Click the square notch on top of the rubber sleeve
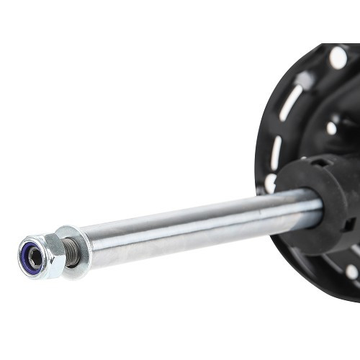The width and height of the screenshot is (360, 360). (317, 163)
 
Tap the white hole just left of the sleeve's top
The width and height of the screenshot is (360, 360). (270, 184)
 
